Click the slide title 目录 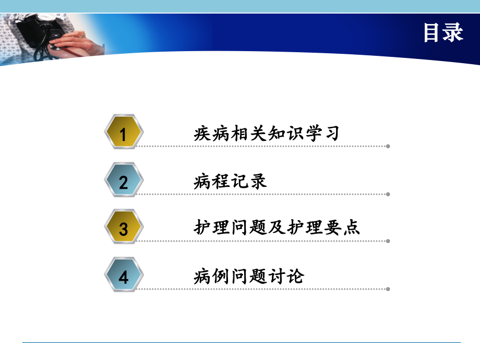click(442, 33)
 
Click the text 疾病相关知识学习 click(266, 133)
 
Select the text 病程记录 click(230, 181)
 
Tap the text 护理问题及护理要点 click(277, 228)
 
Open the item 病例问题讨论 click(248, 275)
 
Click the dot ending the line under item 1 click(388, 147)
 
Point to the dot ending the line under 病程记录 click(388, 194)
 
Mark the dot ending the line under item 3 click(388, 241)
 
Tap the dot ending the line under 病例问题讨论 click(388, 289)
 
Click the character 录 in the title click(453, 33)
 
